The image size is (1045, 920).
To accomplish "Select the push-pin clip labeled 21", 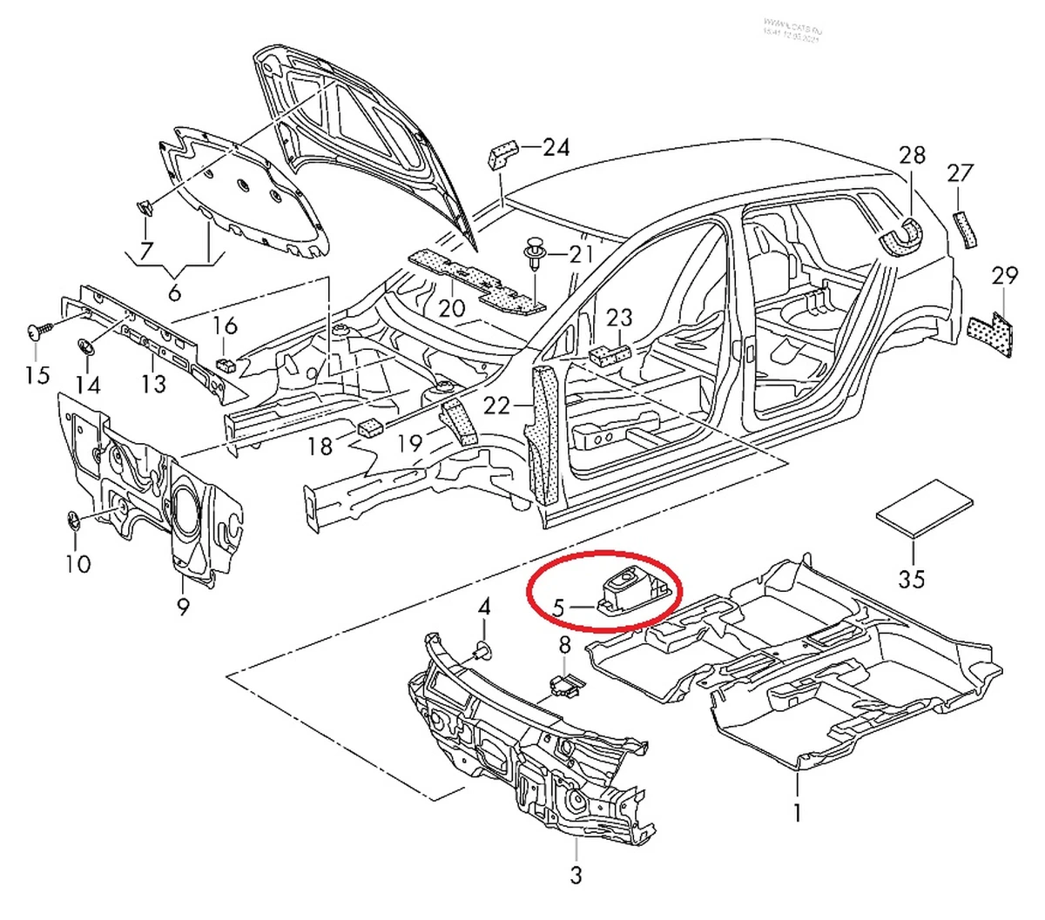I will click(x=533, y=254).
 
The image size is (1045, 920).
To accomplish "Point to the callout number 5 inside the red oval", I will click(x=559, y=604).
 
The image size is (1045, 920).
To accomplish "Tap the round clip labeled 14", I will click(x=87, y=346).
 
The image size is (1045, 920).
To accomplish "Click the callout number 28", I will click(x=912, y=156).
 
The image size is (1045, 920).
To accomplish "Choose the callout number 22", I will click(x=496, y=406).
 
